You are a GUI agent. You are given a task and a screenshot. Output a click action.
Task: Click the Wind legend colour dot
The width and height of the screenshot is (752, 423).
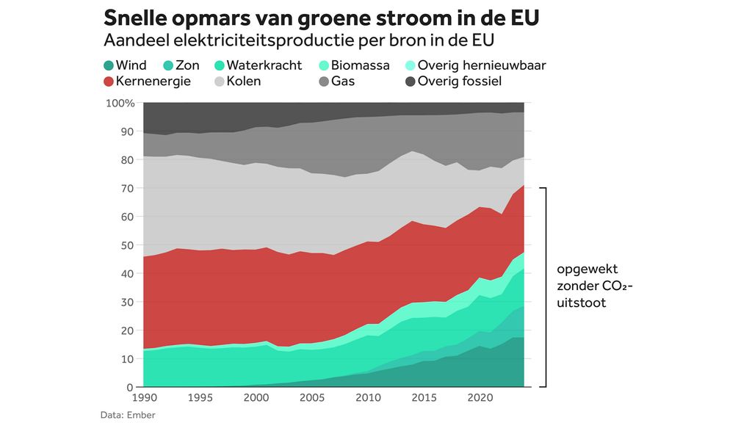click(108, 65)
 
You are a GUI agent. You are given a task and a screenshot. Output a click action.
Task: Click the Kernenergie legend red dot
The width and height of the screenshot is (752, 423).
click(108, 81)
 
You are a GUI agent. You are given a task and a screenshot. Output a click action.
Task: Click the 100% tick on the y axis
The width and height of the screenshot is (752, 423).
click(120, 103)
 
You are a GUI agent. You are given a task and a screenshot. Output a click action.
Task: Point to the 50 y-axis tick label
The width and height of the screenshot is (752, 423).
click(128, 245)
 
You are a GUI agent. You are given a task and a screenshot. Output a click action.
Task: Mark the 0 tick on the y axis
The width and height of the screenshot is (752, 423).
click(131, 387)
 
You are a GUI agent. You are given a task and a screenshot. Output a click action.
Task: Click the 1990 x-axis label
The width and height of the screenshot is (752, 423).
click(143, 398)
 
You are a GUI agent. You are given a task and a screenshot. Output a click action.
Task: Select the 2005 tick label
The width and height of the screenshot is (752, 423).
click(311, 398)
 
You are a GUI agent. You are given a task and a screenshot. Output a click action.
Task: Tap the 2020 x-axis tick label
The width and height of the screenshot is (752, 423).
click(480, 398)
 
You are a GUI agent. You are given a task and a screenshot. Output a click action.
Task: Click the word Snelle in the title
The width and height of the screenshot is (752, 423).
click(135, 17)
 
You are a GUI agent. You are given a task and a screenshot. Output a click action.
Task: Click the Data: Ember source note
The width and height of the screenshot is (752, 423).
click(128, 415)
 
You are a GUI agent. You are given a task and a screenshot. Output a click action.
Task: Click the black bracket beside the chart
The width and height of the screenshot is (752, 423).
click(545, 286)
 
